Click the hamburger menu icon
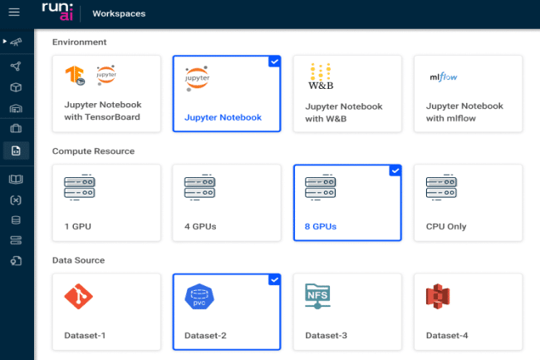14,12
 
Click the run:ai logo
57,12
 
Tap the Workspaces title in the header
119,13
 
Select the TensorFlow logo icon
75,75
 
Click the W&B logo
321,76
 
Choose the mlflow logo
444,76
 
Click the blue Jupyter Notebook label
223,117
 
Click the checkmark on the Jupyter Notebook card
274,62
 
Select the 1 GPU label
78,226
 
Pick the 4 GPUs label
200,226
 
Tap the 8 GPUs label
321,226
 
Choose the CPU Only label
446,226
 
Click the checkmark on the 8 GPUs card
395,170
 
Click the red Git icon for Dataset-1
79,296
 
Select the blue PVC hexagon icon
199,296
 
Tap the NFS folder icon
317,296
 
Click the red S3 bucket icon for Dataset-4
438,296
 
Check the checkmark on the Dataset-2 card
274,279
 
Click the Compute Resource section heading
93,151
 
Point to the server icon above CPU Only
441,187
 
